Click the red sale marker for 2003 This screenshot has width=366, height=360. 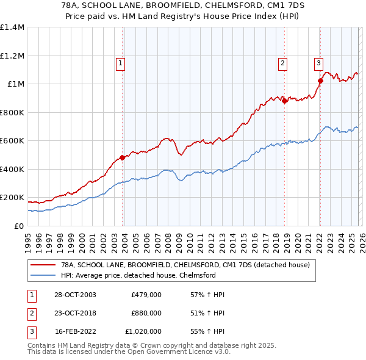[x=123, y=157]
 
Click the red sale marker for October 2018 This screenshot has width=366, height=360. [x=285, y=101]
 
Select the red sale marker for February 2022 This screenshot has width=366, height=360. [x=320, y=80]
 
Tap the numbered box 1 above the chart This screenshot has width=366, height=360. [x=121, y=62]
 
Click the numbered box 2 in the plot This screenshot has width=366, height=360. [x=283, y=62]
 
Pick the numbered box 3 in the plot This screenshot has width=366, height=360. [x=318, y=62]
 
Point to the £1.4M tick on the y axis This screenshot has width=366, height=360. [x=12, y=27]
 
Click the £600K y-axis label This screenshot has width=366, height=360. [x=12, y=141]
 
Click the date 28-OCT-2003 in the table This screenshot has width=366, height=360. [x=74, y=295]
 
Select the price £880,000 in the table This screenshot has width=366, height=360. [x=146, y=313]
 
